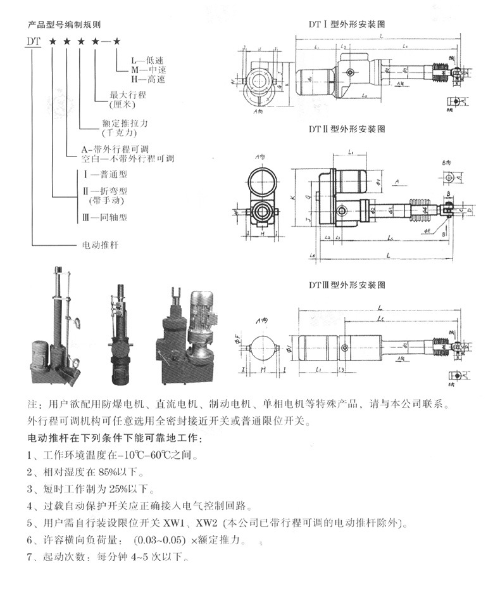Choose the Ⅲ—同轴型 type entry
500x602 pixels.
point(106,217)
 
